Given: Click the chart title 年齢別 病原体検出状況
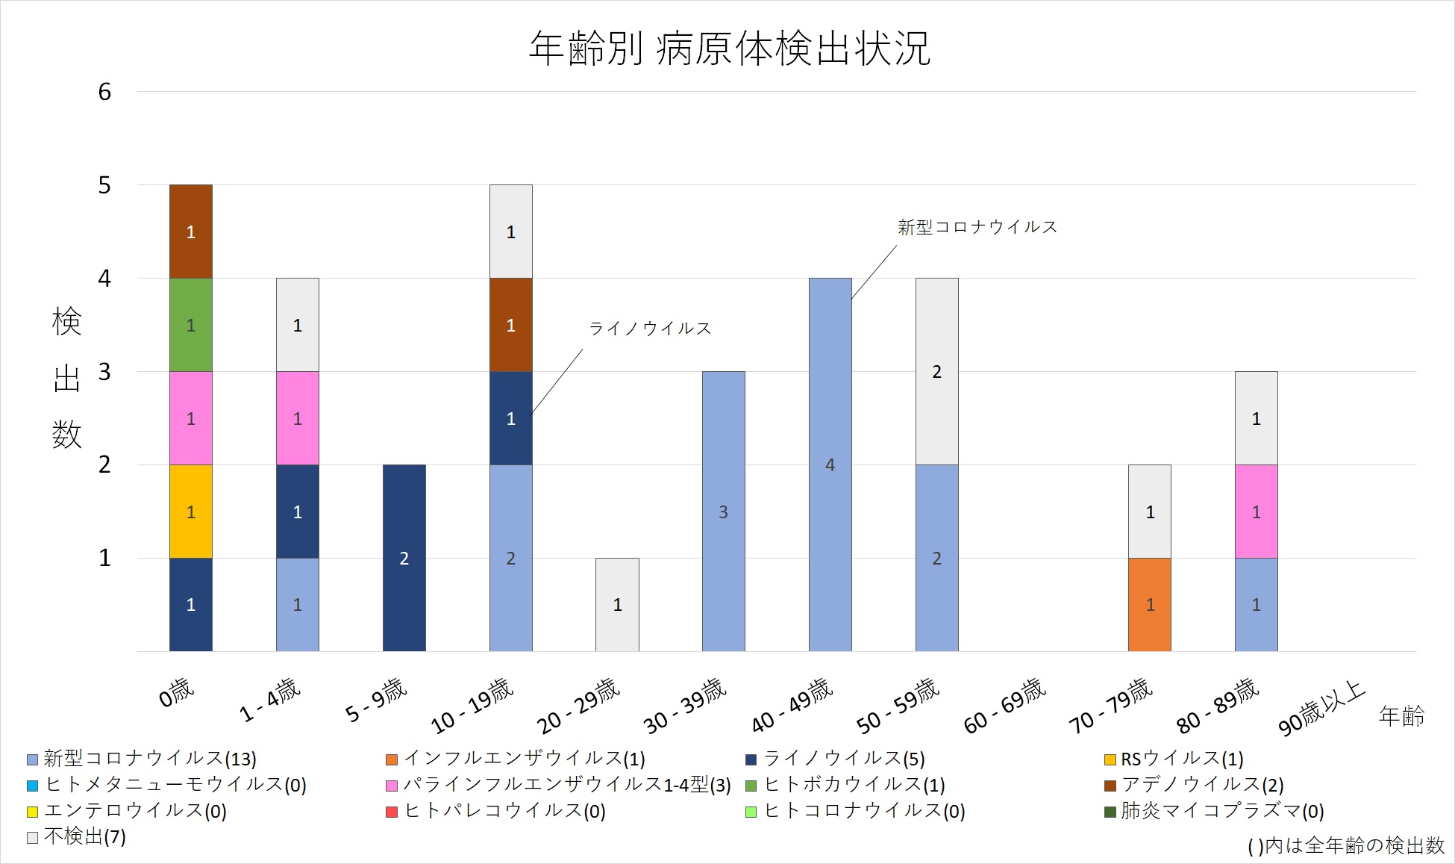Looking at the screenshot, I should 729,49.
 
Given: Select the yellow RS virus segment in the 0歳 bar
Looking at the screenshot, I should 191,512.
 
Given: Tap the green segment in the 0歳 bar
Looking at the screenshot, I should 191,325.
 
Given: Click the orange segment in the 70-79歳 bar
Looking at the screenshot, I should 1150,604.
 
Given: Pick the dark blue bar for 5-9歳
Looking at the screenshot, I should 404,558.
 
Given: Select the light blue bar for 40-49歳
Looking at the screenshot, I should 830,464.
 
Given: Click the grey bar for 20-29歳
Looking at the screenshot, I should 617,604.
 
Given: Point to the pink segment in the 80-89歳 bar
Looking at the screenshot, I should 1256,512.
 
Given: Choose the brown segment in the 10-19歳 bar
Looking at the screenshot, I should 510,325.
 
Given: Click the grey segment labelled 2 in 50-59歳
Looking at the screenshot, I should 936,371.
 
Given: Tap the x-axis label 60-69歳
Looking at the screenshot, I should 1004,706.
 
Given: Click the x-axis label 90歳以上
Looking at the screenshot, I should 1321,708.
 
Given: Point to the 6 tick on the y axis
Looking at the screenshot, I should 104,92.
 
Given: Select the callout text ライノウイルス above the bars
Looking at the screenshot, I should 650,329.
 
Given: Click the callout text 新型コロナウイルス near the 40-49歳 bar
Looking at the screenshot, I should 977,227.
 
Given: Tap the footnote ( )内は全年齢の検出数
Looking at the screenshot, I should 1345,845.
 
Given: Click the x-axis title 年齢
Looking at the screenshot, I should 1401,716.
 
